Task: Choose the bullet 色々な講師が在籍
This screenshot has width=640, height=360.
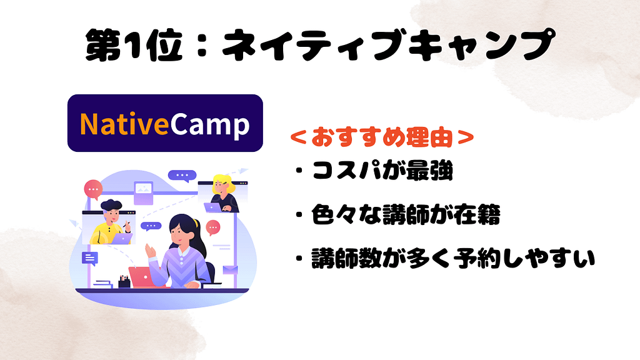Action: click(x=406, y=216)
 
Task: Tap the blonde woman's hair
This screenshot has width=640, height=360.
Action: click(x=223, y=183)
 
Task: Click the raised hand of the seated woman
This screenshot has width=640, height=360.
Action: click(x=151, y=250)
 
